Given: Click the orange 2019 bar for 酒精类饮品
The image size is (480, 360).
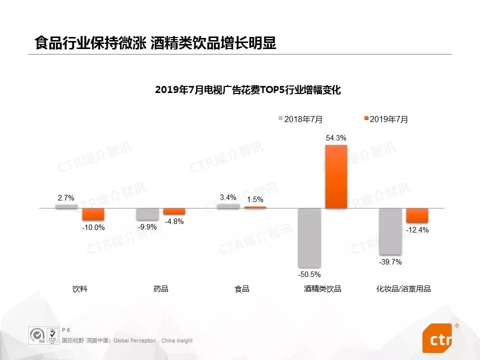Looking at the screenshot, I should [x=336, y=176].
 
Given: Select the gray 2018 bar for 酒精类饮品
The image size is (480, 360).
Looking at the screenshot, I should [x=309, y=237].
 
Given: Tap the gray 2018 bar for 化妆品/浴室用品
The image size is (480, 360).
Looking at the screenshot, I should [x=390, y=231].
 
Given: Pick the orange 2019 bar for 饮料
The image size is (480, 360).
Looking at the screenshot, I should [x=93, y=214].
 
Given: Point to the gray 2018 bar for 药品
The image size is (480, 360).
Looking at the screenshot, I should [x=147, y=214].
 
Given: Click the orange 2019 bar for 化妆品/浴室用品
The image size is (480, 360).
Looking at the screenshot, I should [x=417, y=215].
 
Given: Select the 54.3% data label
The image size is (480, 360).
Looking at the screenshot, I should [x=336, y=138].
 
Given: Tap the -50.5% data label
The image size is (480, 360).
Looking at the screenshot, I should [x=309, y=274].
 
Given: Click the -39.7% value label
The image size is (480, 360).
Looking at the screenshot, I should [x=390, y=262].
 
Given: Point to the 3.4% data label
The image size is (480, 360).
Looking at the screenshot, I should [x=228, y=197].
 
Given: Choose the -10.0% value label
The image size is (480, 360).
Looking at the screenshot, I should [x=93, y=227].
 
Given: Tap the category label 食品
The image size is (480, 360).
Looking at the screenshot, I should [x=242, y=289].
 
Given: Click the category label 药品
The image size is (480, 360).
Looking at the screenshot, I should [x=161, y=289].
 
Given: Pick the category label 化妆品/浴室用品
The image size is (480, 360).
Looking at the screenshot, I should [x=403, y=289].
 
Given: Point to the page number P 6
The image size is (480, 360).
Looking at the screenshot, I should [x=66, y=330].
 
